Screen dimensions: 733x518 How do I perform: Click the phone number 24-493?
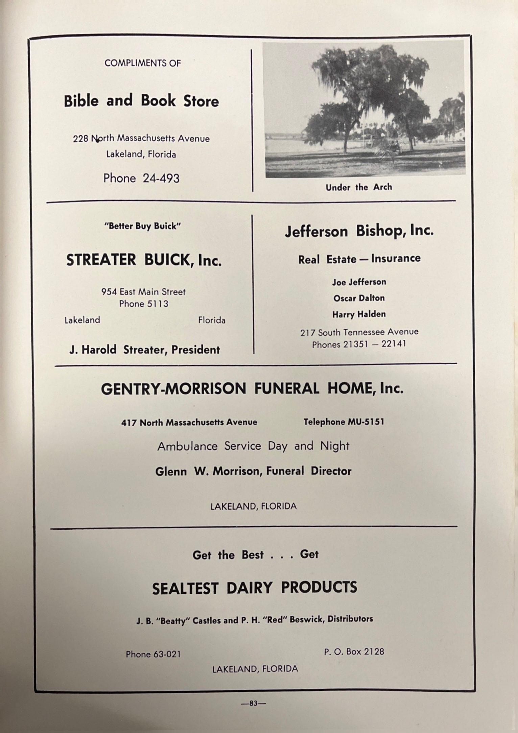[x=161, y=178]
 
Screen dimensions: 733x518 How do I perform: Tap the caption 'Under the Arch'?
[x=359, y=187]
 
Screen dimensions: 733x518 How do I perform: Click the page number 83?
[x=253, y=703]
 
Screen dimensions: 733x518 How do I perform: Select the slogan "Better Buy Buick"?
[x=143, y=226]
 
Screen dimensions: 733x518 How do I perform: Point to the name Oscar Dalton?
[x=359, y=298]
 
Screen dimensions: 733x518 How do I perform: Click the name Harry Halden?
[x=359, y=314]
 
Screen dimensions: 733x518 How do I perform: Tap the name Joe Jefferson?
[x=359, y=282]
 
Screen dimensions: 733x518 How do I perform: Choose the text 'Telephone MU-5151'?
[x=344, y=422]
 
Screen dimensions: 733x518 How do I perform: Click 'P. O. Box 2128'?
[x=354, y=652]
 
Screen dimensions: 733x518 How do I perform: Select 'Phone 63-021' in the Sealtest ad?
[x=153, y=654]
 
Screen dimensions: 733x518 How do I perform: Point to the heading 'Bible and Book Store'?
[x=141, y=101]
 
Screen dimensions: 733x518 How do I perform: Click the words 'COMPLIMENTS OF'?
[x=142, y=63]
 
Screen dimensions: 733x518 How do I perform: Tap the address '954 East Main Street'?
[x=143, y=292]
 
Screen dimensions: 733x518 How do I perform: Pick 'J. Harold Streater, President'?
[x=144, y=350]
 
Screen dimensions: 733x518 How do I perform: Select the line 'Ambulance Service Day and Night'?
[x=253, y=446]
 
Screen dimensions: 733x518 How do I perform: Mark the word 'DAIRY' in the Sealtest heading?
[x=249, y=588]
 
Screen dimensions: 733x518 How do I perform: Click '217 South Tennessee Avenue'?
[x=359, y=332]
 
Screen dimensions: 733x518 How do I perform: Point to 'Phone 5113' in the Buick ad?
[x=143, y=304]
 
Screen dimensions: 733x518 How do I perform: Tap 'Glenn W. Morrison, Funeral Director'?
[x=253, y=471]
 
